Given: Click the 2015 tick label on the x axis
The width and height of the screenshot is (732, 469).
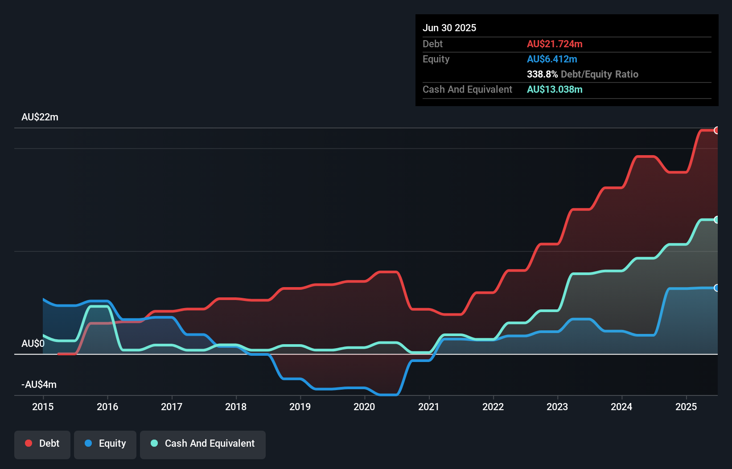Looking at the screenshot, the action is (43, 407).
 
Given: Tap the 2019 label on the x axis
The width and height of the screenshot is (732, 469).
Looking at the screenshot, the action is (300, 407).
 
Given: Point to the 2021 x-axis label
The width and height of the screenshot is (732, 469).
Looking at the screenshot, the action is (428, 407).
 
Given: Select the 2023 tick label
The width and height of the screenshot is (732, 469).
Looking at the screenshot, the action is (557, 407).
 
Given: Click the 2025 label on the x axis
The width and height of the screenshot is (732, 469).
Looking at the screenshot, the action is (686, 407).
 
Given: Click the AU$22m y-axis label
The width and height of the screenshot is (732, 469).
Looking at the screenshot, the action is (40, 117).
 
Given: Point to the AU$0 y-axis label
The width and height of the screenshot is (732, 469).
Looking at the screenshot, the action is (33, 344).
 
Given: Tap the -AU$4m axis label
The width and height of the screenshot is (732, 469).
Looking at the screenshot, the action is (39, 385).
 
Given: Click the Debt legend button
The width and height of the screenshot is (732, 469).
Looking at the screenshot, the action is (42, 444).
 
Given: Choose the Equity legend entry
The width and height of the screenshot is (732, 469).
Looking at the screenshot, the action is (105, 444).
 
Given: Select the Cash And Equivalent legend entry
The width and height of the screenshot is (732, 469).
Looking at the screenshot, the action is (203, 444).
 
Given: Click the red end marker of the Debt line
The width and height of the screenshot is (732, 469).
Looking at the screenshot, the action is (716, 130).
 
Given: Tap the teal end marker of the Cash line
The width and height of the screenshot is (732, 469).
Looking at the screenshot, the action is (716, 220).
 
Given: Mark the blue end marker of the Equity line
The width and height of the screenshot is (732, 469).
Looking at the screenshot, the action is (716, 288).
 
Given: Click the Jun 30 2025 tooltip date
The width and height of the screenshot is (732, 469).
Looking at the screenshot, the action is (449, 28).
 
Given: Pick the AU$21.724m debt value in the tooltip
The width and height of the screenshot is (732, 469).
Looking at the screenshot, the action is (555, 44).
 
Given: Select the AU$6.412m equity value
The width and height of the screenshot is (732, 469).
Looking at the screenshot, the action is (552, 59).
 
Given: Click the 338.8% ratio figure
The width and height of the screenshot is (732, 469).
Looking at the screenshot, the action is (542, 74).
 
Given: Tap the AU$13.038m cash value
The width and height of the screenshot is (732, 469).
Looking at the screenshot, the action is (555, 90).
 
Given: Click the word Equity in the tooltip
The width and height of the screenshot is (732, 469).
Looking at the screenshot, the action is (436, 59).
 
